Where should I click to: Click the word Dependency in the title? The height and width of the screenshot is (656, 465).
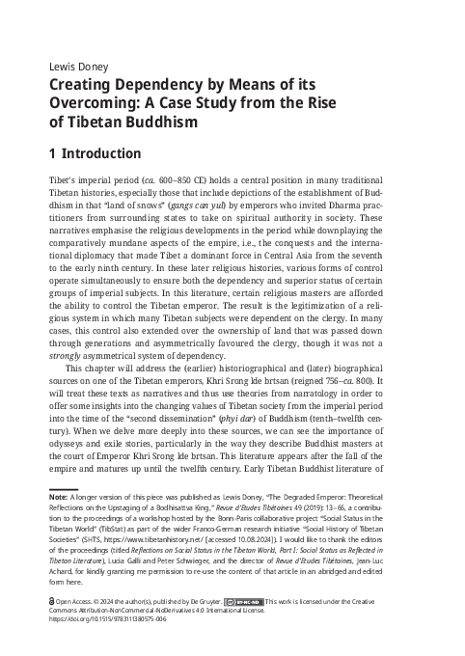158,86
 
